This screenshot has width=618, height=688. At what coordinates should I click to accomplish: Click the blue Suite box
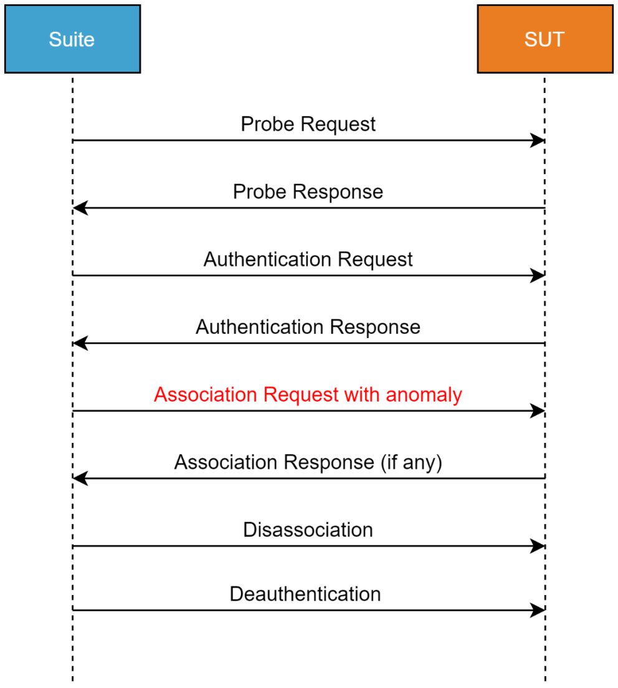(x=72, y=39)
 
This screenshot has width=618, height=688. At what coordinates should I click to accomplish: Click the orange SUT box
(x=544, y=39)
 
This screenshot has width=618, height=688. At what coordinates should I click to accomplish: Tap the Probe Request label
(x=308, y=124)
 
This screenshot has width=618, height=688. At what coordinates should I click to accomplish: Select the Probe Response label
(x=308, y=191)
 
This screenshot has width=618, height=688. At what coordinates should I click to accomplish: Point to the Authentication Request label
(x=308, y=259)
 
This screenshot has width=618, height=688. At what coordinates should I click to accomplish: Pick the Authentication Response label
(x=308, y=327)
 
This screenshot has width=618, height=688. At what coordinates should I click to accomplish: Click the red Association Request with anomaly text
(x=308, y=395)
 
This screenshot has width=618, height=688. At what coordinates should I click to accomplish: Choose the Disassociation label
(x=308, y=530)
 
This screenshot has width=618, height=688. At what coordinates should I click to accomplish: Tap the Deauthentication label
(x=305, y=594)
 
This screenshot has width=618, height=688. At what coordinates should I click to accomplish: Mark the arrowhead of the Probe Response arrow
(x=80, y=208)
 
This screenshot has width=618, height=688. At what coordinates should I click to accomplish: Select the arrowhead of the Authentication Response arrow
(x=80, y=343)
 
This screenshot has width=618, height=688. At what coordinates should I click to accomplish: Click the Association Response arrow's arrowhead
(x=80, y=478)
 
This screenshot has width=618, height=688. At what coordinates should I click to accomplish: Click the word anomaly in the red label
(x=424, y=395)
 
